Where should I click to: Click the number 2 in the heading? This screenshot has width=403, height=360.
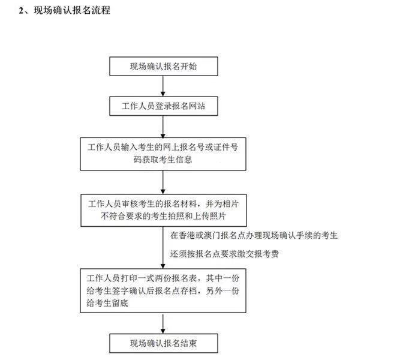pyautogui.click(x=21, y=11)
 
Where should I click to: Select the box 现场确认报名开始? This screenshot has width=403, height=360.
pyautogui.click(x=164, y=67)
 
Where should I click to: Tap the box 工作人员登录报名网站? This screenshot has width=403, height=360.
pyautogui.click(x=164, y=106)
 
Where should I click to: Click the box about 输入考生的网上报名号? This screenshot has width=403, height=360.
pyautogui.click(x=163, y=154)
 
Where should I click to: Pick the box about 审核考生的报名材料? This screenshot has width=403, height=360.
pyautogui.click(x=164, y=211)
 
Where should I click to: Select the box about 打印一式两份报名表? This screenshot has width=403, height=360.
pyautogui.click(x=163, y=291)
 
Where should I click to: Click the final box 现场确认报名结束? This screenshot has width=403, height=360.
pyautogui.click(x=164, y=343)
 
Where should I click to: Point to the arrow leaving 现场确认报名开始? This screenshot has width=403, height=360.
pyautogui.click(x=163, y=86)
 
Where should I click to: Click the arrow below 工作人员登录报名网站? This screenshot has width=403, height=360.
pyautogui.click(x=163, y=127)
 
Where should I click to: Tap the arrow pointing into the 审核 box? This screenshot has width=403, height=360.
pyautogui.click(x=163, y=182)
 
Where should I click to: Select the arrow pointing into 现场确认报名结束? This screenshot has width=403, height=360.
pyautogui.click(x=163, y=323)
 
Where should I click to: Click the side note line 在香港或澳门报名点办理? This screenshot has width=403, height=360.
pyautogui.click(x=254, y=235)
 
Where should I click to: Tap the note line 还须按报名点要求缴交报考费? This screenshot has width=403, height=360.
pyautogui.click(x=224, y=254)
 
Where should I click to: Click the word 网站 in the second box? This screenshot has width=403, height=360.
pyautogui.click(x=197, y=106)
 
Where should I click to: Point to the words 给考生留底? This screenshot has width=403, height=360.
pyautogui.click(x=107, y=304)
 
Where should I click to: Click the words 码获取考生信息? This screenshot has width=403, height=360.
pyautogui.click(x=163, y=160)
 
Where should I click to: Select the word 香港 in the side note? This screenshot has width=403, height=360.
pyautogui.click(x=187, y=235)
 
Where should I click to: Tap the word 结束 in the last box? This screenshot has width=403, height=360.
pyautogui.click(x=189, y=343)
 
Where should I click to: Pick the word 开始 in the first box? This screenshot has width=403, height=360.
pyautogui.click(x=189, y=67)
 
